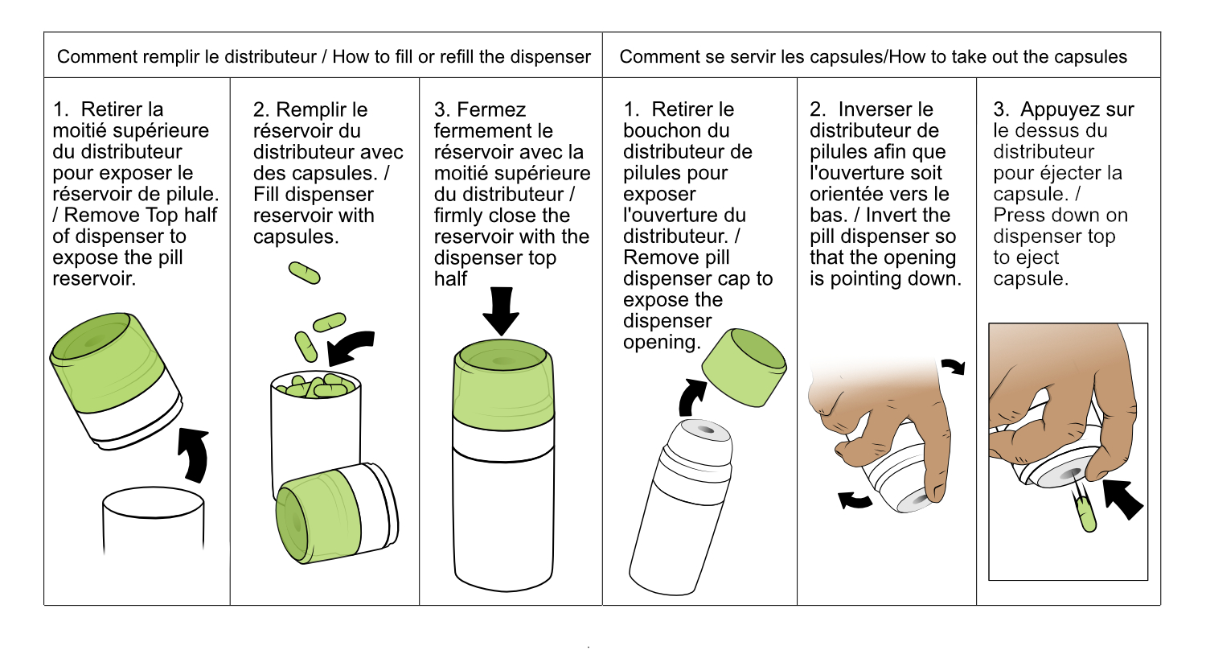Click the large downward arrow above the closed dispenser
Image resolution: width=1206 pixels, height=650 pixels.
[x=501, y=311]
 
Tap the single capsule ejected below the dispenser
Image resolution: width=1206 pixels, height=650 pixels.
[x=1087, y=514]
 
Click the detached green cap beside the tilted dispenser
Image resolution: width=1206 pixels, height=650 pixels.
[x=745, y=368]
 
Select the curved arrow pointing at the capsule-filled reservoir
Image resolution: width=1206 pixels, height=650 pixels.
[x=349, y=348]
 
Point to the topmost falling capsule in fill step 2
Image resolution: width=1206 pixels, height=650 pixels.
[x=304, y=273]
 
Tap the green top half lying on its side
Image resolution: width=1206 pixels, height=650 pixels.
[x=337, y=513]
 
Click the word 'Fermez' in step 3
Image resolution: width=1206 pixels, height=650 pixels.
[x=491, y=110]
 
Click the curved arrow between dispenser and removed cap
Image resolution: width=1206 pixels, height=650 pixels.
[x=691, y=397]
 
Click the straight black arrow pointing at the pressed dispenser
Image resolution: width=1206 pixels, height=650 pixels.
[x=1122, y=500]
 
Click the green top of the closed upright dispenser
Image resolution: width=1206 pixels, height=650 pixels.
[x=503, y=385]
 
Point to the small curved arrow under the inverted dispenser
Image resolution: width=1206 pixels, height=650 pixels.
[x=855, y=500]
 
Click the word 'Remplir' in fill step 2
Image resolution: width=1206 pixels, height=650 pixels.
[x=322, y=110]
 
